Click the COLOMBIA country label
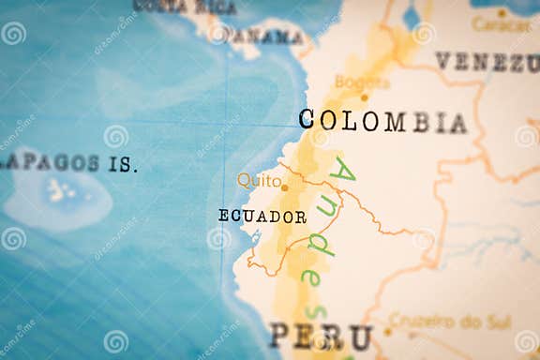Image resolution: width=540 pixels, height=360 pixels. pos(382,121)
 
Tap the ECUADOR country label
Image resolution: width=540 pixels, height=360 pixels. pos(262,217)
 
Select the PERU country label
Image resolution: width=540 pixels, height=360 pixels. pos(321,337)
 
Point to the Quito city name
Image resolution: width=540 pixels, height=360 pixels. pos(258,180)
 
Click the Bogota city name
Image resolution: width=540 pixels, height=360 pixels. pos(362,82)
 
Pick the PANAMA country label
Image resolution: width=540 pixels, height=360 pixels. pos(268,37)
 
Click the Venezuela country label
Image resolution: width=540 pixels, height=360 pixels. pos(487,62)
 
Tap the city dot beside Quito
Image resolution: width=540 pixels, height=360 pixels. pos(284,187)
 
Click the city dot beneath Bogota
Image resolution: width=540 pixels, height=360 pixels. pos(365,97)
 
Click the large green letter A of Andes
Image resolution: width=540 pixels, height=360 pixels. pos(343,173)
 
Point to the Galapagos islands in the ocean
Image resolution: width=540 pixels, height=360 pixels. pos(62,191)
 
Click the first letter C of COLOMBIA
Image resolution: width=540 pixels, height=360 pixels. pos(307,119)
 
